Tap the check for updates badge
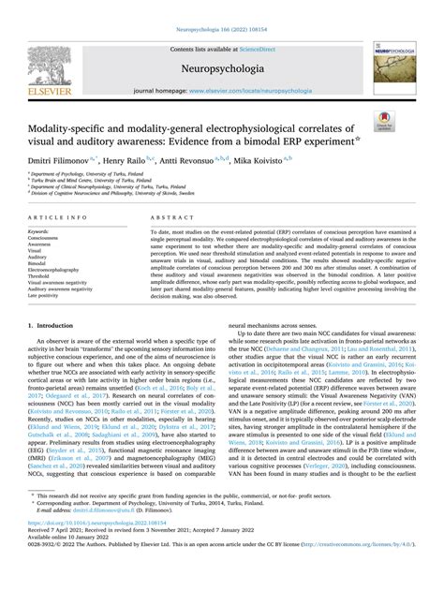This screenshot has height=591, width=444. tap(383, 119)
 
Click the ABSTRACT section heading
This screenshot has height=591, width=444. tap(167, 215)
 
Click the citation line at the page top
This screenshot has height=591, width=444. tap(221, 8)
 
